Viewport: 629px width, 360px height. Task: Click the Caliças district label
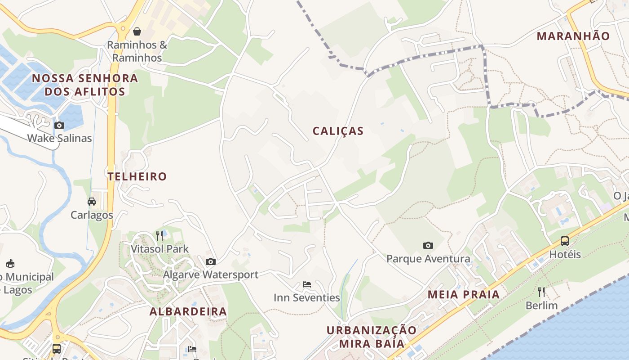click(338, 131)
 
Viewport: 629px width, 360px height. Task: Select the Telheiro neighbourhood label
click(137, 176)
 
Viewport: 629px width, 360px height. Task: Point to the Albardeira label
click(188, 311)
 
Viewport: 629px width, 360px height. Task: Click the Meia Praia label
click(463, 295)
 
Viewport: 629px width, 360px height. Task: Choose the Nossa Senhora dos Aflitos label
click(85, 85)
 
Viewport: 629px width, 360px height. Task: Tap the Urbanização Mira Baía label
click(372, 337)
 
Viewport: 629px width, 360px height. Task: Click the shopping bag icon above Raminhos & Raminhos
click(137, 31)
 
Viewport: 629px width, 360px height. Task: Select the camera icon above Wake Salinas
click(59, 125)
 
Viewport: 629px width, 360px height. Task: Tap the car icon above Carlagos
click(92, 202)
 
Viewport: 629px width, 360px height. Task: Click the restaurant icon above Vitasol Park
click(159, 235)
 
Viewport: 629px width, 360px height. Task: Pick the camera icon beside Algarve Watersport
click(210, 261)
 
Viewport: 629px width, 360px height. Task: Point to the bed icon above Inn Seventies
click(307, 284)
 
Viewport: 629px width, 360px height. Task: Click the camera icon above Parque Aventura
click(428, 245)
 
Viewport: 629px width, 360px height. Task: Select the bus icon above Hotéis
click(565, 241)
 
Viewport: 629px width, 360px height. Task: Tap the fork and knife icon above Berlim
click(541, 292)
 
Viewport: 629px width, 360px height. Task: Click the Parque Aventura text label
click(428, 259)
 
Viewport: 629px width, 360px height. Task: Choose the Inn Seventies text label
click(307, 297)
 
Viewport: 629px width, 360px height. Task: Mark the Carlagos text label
click(92, 215)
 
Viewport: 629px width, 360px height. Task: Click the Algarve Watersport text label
click(211, 274)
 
